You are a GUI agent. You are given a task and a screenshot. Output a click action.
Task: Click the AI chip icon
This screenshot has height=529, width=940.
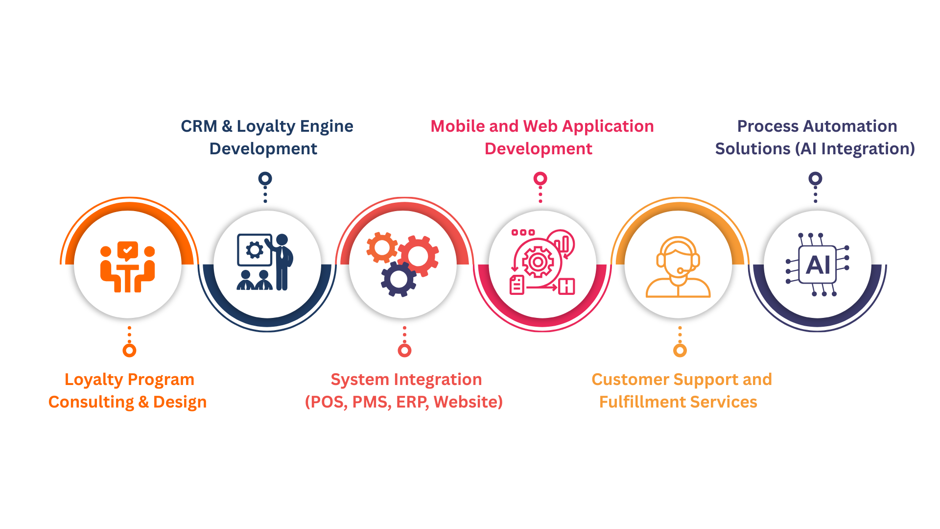[x=817, y=264]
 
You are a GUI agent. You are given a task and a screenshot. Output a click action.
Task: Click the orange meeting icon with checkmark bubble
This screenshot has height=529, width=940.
[x=128, y=266]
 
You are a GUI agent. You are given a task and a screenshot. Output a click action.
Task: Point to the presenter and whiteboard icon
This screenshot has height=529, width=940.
[x=265, y=263]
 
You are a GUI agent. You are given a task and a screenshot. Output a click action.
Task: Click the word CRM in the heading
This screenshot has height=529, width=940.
[x=199, y=126]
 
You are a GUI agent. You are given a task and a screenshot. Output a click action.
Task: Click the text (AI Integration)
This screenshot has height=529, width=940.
[x=854, y=149]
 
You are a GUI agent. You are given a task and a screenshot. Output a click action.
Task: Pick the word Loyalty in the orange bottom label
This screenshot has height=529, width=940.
[x=94, y=380]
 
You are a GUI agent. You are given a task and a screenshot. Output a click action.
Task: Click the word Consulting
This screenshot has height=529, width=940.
[x=91, y=402]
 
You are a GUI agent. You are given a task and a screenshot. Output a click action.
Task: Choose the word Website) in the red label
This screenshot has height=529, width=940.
[x=468, y=402]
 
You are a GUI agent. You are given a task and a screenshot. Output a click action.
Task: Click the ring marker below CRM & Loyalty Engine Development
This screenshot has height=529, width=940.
[x=265, y=179]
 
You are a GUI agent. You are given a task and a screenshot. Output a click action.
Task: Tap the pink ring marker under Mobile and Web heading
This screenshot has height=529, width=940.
[x=540, y=179]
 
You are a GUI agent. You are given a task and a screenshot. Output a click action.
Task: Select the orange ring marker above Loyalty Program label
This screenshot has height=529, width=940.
[x=129, y=350]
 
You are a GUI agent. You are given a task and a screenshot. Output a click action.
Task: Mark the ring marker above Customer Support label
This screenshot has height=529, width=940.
[x=680, y=350]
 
